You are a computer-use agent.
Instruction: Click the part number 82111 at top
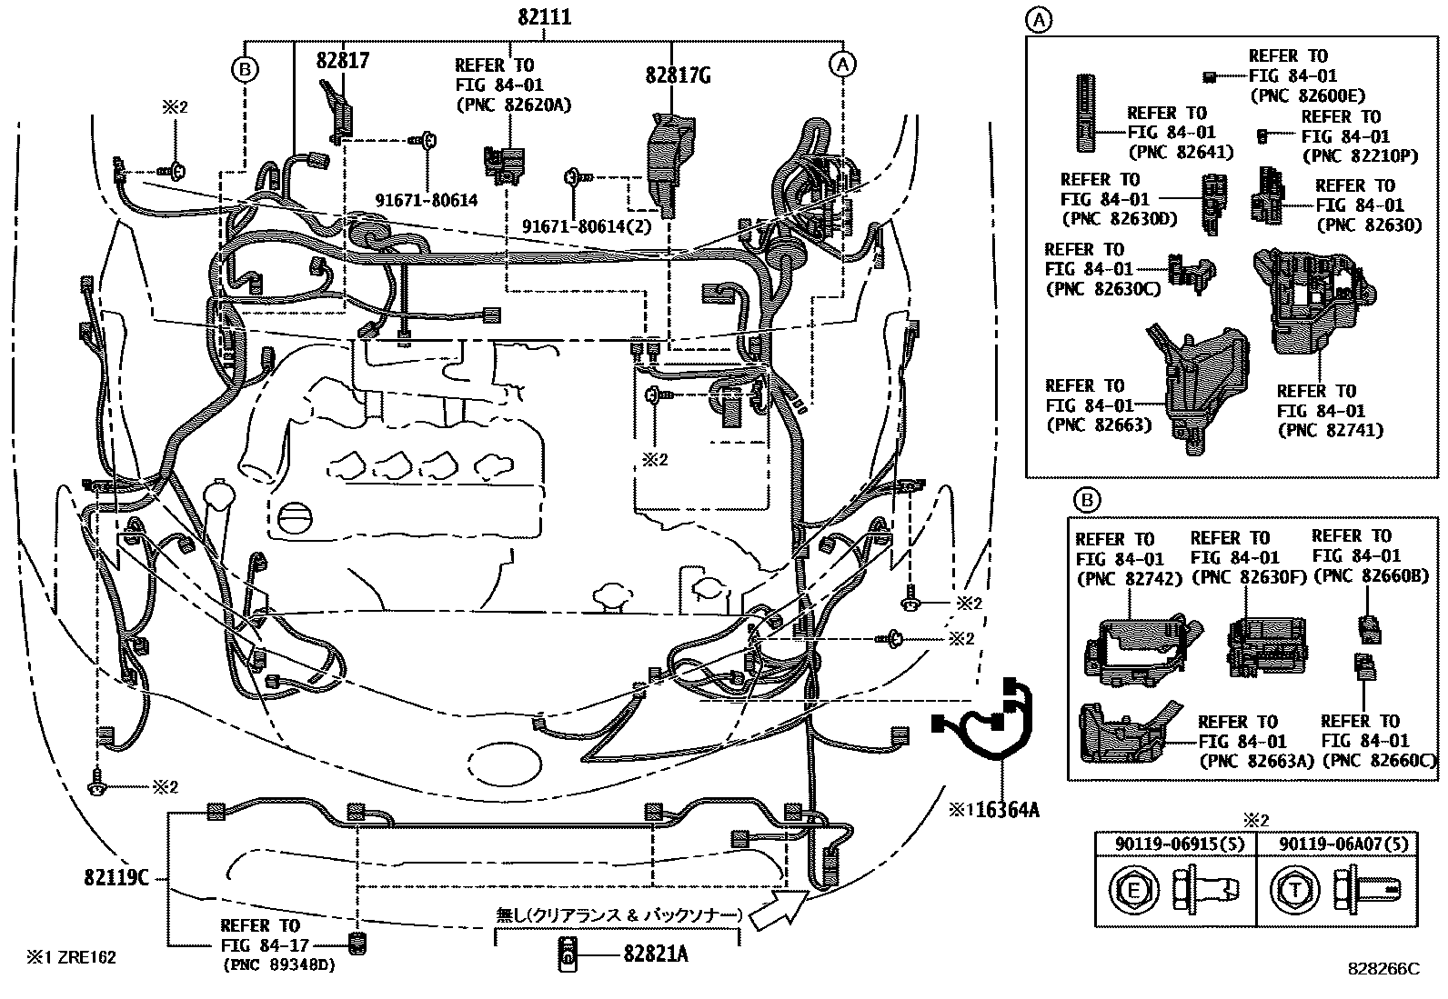pyautogui.click(x=545, y=16)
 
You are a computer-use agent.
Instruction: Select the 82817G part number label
pyautogui.click(x=678, y=75)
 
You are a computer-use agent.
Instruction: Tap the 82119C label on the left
pyautogui.click(x=116, y=877)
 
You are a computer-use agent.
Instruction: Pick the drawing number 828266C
pyautogui.click(x=1383, y=968)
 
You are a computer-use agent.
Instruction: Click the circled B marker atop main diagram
pyautogui.click(x=245, y=68)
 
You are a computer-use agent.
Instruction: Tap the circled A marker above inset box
pyautogui.click(x=1040, y=18)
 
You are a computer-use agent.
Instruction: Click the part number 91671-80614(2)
pyautogui.click(x=587, y=225)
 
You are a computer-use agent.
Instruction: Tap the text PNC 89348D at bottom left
pyautogui.click(x=278, y=965)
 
